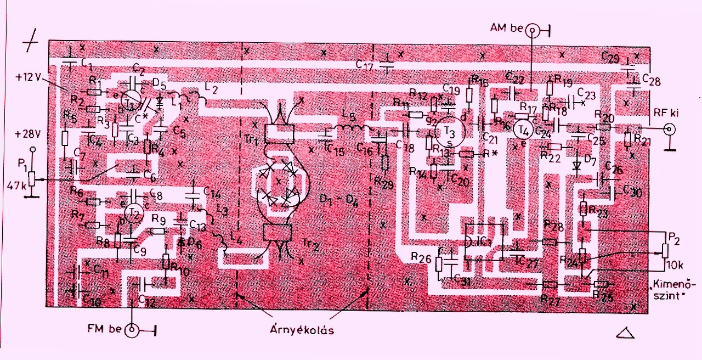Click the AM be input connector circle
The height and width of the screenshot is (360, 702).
[531, 31]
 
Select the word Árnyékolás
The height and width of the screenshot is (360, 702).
[301, 330]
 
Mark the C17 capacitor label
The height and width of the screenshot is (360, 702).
[365, 64]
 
